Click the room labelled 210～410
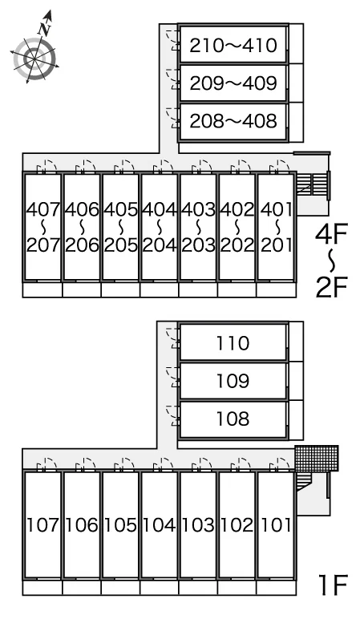coord(233,45)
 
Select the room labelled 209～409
coord(233,83)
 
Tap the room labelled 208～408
coord(233,121)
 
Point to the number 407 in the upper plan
coord(43,209)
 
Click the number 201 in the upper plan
coord(276,245)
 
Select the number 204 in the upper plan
coord(160,245)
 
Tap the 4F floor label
coord(331,233)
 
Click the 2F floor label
coord(331,287)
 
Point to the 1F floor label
coord(333,585)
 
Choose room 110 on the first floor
coord(233,342)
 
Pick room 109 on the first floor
coord(233,381)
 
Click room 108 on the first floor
coord(233,419)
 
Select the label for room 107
coord(43,525)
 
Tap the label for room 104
coord(160,525)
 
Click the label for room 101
coord(276,525)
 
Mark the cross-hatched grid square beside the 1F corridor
coord(317,459)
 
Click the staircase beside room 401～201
coord(312,184)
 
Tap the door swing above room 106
coord(86,464)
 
